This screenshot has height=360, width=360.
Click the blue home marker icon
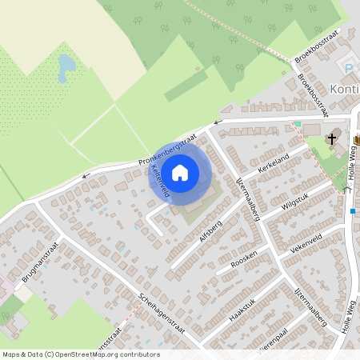click(x=180, y=172)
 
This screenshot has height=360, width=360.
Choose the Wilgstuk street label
click(x=295, y=199)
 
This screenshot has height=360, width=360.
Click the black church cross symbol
click(x=331, y=139)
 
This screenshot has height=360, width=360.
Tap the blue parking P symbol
click(x=347, y=68)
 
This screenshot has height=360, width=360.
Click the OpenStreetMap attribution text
click(x=80, y=354)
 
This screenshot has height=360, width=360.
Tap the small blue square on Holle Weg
click(x=353, y=211)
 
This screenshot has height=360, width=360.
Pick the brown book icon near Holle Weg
click(x=355, y=141)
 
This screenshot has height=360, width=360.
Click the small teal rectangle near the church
click(x=297, y=124)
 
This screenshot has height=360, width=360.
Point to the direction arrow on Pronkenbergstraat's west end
click(x=87, y=173)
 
